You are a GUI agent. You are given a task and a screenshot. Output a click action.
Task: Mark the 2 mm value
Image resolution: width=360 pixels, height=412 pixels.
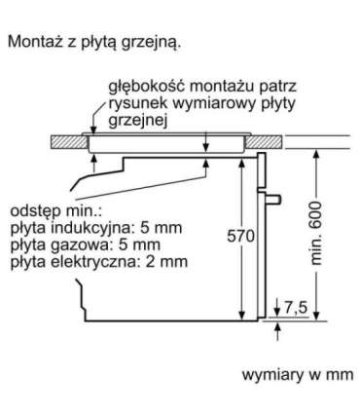pyautogui.click(x=164, y=262)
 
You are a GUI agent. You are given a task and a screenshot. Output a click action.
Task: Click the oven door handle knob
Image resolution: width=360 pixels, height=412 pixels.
pyautogui.click(x=278, y=201)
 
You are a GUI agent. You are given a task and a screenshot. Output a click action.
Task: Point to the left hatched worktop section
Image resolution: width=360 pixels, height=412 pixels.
pyautogui.click(x=68, y=140)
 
